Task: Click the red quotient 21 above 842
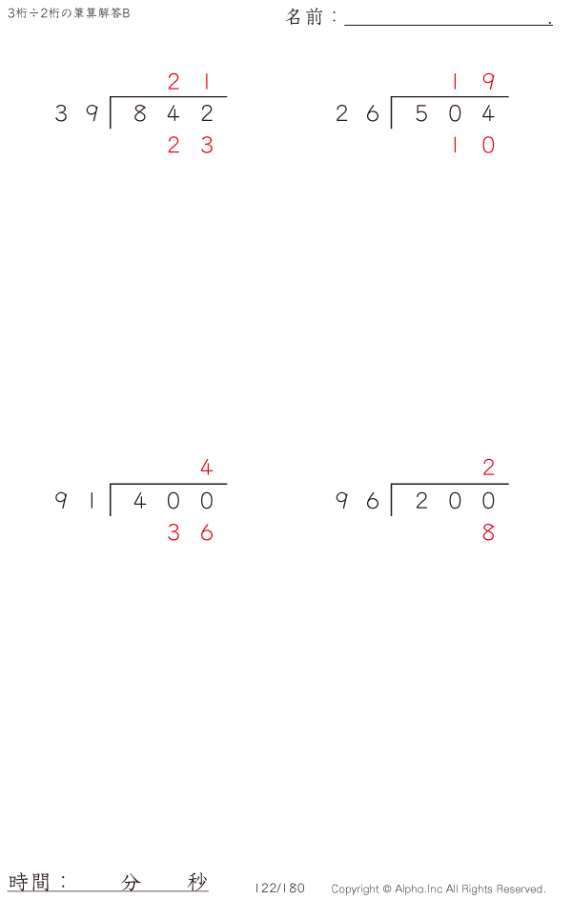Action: pos(190,82)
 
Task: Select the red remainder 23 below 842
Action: pos(191,145)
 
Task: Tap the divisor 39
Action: pos(77,113)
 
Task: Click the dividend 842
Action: pos(174,113)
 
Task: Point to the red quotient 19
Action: pos(473,82)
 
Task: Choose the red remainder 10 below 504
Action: pos(473,145)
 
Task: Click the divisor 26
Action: pos(357,113)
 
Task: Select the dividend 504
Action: pos(455,113)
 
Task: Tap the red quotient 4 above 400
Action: pos(207,468)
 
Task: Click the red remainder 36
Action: pos(191,532)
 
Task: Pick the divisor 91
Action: pos(74,501)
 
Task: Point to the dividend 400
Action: pos(174,501)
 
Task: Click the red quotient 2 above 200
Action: pos(488,468)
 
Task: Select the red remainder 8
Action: pos(488,532)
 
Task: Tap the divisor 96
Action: pos(357,501)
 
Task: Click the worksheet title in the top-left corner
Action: pos(69,13)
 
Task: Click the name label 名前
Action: pos(304,17)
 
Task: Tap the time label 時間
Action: pos(29,881)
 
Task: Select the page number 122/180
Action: pos(279,889)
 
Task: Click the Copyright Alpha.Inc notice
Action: pos(439,889)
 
